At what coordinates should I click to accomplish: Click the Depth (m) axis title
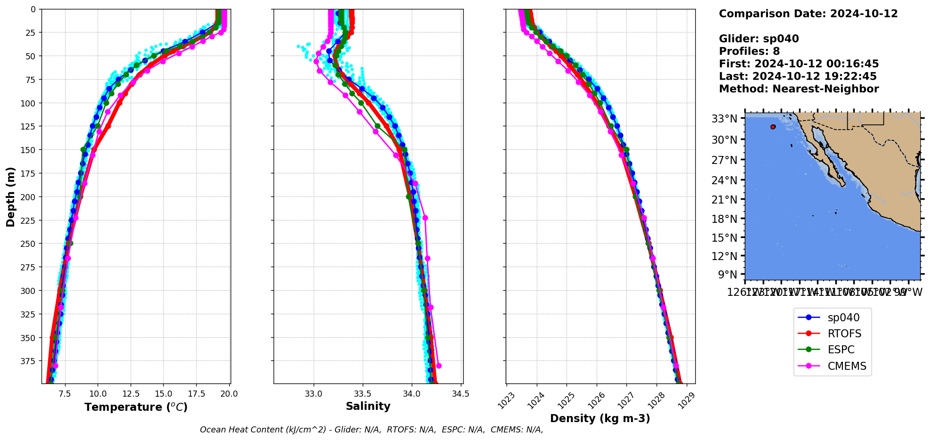10,196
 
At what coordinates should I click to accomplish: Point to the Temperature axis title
136,407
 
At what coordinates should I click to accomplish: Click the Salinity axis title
368,407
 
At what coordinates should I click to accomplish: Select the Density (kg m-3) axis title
600,418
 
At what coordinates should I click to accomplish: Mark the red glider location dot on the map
773,127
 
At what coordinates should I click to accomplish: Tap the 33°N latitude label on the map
724,119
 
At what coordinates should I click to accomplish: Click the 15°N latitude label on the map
724,238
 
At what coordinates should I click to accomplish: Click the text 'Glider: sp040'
758,39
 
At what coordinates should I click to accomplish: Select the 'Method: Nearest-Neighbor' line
799,89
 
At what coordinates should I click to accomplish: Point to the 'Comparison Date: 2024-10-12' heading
808,14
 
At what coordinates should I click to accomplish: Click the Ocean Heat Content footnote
371,430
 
